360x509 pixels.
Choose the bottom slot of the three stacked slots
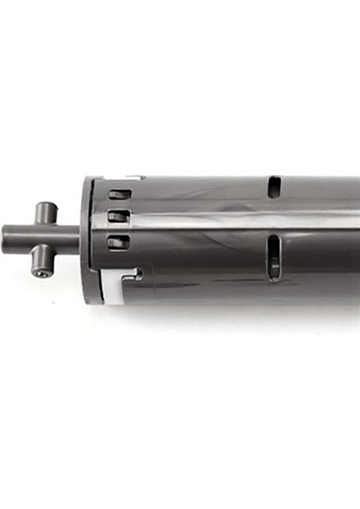116,241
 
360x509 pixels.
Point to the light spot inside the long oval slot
273,266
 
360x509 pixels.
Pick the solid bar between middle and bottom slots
117,229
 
